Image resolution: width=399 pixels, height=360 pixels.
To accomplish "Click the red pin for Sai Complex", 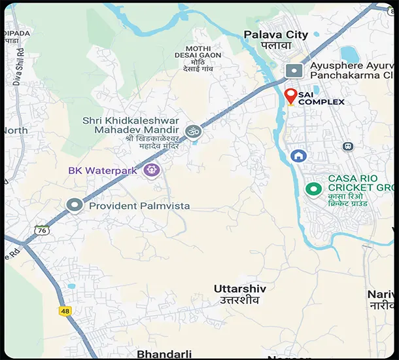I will pos(290,96).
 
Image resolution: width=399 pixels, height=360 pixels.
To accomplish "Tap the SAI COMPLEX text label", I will pos(321,98).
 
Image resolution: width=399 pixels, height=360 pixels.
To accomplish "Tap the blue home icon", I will pos(298,156).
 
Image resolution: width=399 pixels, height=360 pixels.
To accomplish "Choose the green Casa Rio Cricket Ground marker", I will pos(314,189).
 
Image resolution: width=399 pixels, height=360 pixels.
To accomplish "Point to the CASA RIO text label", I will pos(352,179).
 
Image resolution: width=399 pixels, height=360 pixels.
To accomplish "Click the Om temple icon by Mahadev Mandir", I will pos(193,132).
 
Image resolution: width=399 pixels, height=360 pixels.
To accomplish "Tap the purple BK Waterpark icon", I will pos(152,170).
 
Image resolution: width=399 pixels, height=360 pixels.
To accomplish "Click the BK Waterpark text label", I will pos(102,171).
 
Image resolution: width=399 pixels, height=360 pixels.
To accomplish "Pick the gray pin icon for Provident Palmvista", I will pos(75,206).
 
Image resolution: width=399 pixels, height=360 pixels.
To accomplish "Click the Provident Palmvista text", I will pos(139,206).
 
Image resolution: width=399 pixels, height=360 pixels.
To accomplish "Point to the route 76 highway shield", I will pos(42,230).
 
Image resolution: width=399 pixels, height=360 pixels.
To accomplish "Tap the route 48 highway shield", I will pos(64,310).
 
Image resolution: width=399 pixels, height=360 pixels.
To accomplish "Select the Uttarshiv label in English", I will pos(237,288).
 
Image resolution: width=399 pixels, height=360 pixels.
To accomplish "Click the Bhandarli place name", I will pos(164,354).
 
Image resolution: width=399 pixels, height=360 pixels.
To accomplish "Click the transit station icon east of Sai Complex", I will pos(348,146).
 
